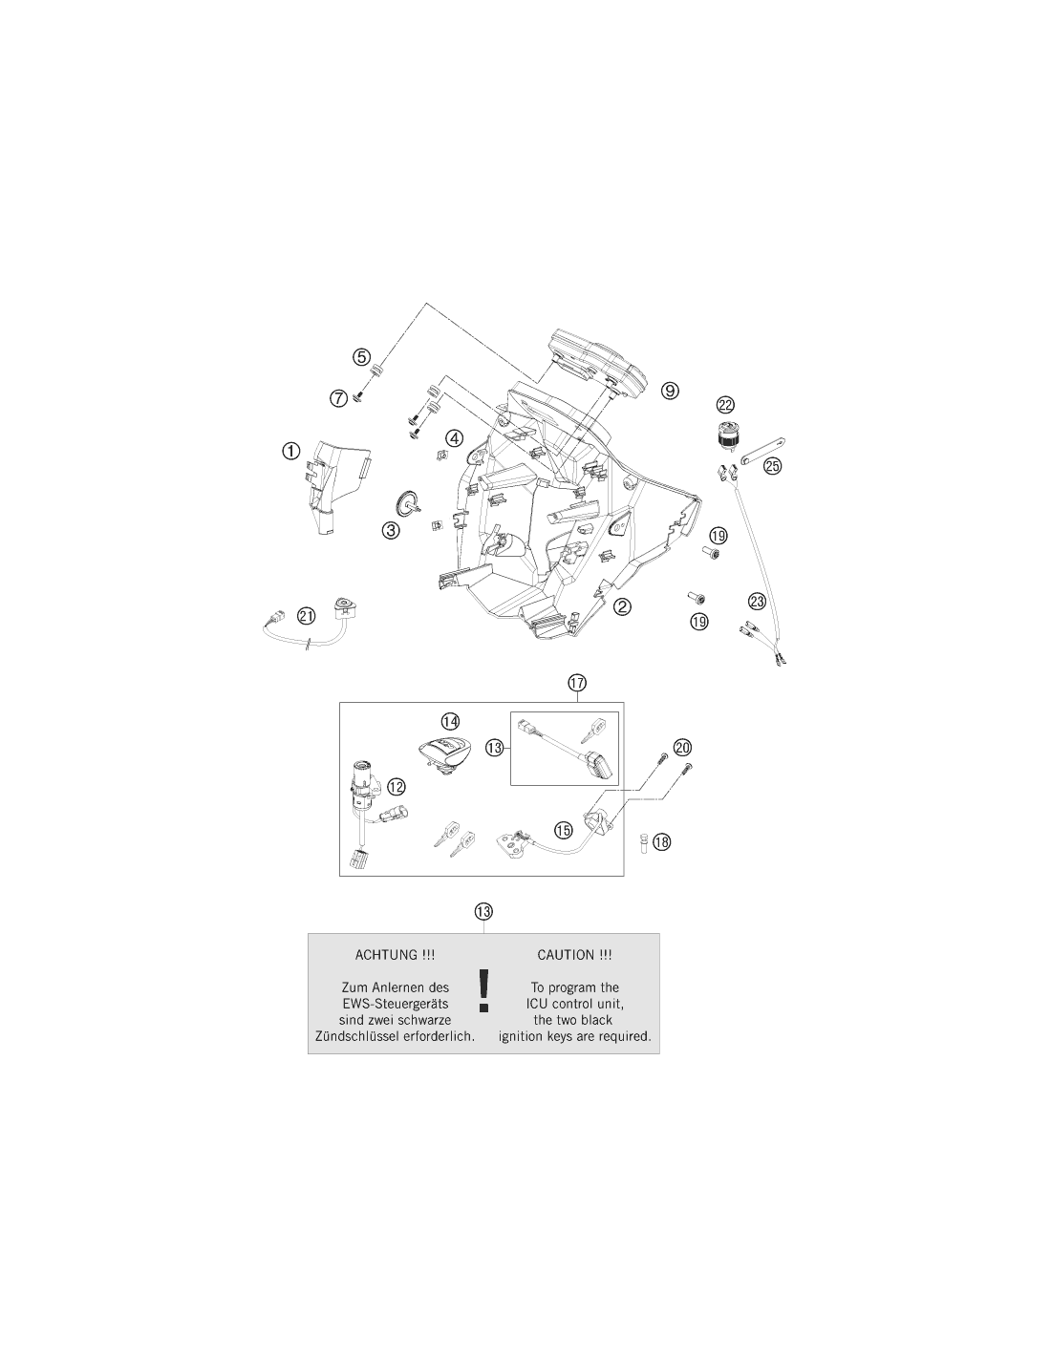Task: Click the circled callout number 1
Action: pos(290,451)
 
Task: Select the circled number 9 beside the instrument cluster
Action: pos(670,392)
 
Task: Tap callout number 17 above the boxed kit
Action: pos(577,683)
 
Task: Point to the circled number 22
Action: pos(725,405)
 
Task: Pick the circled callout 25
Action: pos(773,466)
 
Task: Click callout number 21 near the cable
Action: pos(307,616)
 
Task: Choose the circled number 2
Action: pos(622,606)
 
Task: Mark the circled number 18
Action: pos(661,842)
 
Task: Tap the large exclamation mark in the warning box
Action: pos(483,991)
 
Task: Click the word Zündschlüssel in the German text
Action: pos(356,1036)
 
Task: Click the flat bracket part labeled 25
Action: pos(762,451)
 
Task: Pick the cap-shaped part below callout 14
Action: pos(446,755)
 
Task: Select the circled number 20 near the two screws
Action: pos(683,747)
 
